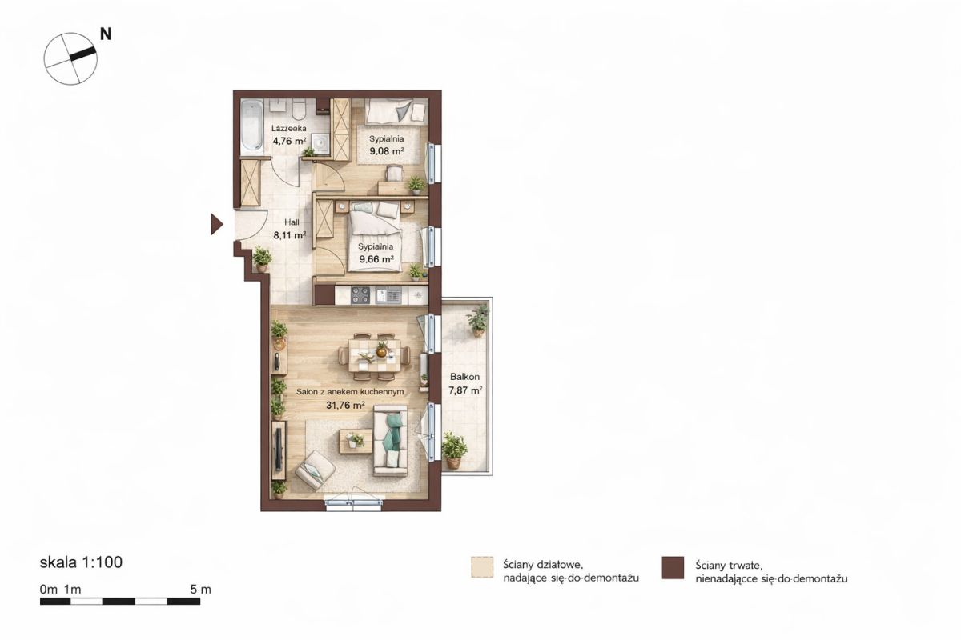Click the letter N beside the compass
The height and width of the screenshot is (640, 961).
click(106, 34)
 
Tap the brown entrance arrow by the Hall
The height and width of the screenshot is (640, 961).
click(217, 224)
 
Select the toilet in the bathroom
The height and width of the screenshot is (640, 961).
click(298, 110)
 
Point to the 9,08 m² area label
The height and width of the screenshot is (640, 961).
click(387, 151)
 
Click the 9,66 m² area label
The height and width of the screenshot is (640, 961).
click(376, 259)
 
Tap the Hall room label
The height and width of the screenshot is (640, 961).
click(292, 222)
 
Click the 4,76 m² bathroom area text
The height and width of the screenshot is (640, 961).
click(289, 140)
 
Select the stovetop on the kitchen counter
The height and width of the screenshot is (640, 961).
click(360, 294)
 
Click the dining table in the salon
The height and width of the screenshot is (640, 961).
click(375, 355)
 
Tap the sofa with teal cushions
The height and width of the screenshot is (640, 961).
click(390, 441)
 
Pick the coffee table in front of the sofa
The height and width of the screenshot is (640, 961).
click(356, 441)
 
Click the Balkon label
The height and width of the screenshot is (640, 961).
click(464, 377)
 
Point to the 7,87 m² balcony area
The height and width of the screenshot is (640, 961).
click(465, 390)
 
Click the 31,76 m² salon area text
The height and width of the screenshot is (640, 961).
click(345, 405)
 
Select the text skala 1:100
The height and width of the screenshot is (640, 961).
click(81, 562)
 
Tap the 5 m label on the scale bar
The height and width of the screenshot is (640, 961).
click(201, 590)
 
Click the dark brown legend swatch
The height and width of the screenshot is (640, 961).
click(673, 567)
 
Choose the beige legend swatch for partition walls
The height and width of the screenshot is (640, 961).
click(482, 566)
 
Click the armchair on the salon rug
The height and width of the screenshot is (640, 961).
click(315, 470)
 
